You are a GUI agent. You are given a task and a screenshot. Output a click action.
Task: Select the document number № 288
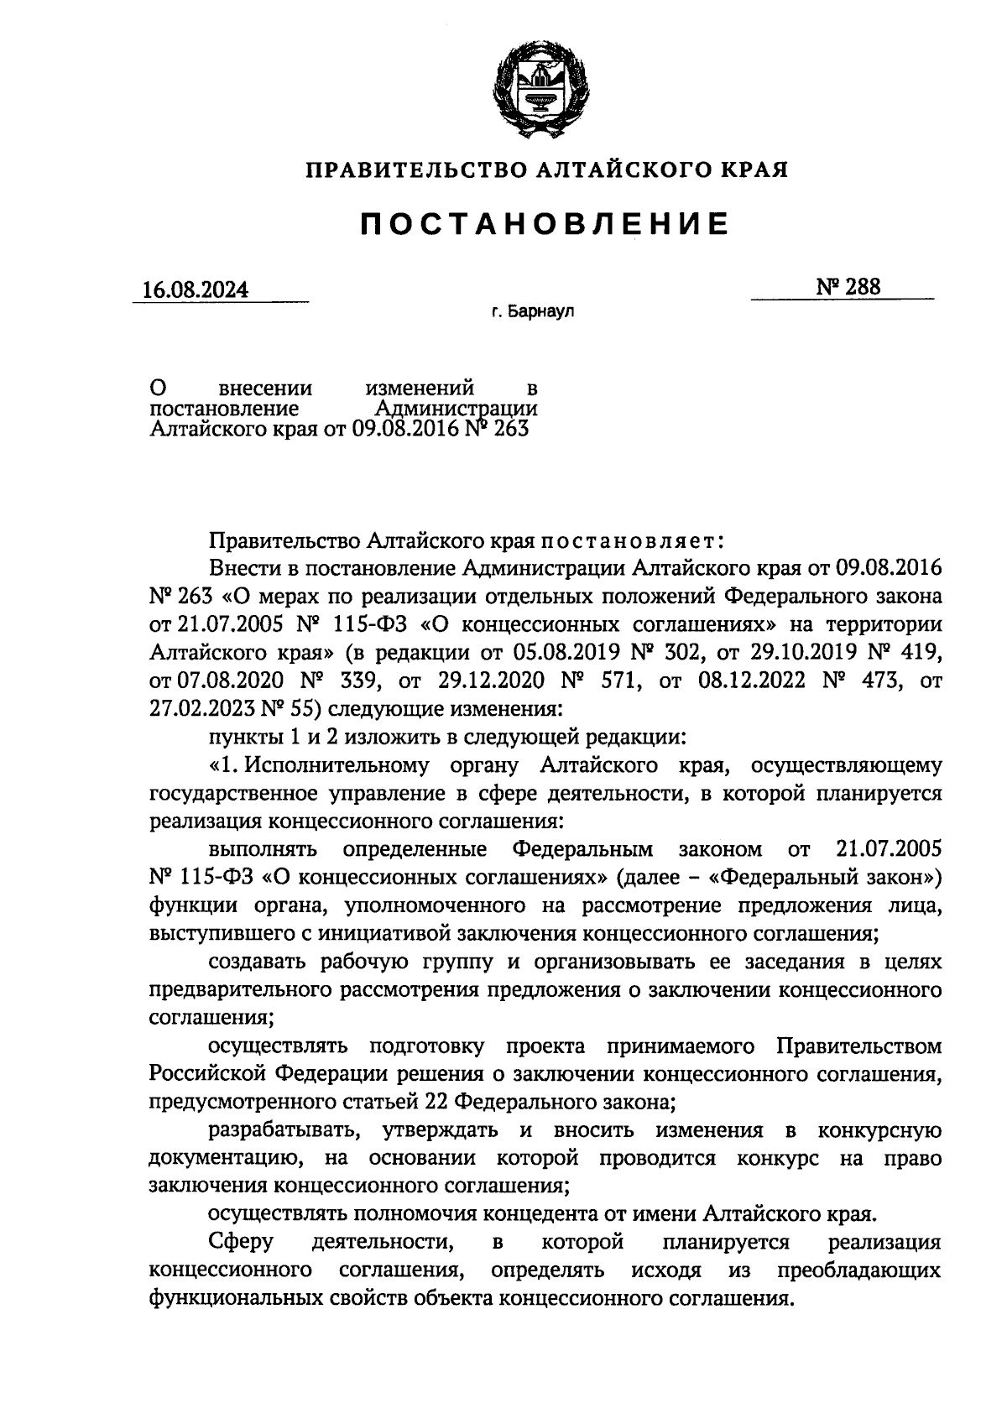pos(848,287)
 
